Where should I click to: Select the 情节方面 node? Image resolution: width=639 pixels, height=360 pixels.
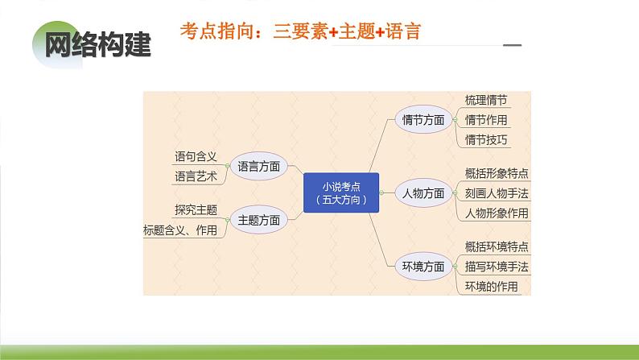pos(423,120)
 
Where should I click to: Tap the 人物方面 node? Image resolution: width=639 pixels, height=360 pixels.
pos(423,193)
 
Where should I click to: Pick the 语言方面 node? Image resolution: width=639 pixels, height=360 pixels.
pos(259,167)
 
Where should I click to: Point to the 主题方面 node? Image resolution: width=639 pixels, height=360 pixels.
pos(259,219)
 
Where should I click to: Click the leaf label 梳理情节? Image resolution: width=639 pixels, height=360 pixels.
pos(486,101)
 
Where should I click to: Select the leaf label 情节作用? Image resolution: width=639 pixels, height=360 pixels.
pos(486,120)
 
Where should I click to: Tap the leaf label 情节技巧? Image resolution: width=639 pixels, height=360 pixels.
pos(486,140)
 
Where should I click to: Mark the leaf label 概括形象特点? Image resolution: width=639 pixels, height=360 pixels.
pos(497,173)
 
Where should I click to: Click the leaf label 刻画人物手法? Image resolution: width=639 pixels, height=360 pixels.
pos(497,193)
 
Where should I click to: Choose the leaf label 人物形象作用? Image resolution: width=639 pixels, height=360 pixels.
pos(497,213)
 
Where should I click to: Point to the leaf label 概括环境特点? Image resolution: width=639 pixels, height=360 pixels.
pos(497,246)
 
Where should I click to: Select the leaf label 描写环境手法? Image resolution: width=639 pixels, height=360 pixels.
pos(497,267)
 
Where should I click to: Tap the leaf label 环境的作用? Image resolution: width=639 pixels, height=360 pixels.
pos(492,287)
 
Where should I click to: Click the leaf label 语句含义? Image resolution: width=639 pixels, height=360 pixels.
pos(196,156)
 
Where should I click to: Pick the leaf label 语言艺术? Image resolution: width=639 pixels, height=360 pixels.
pos(196,176)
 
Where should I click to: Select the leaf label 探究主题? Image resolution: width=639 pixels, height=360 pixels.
pos(196,210)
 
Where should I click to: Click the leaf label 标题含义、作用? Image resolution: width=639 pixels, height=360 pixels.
pos(180,230)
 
